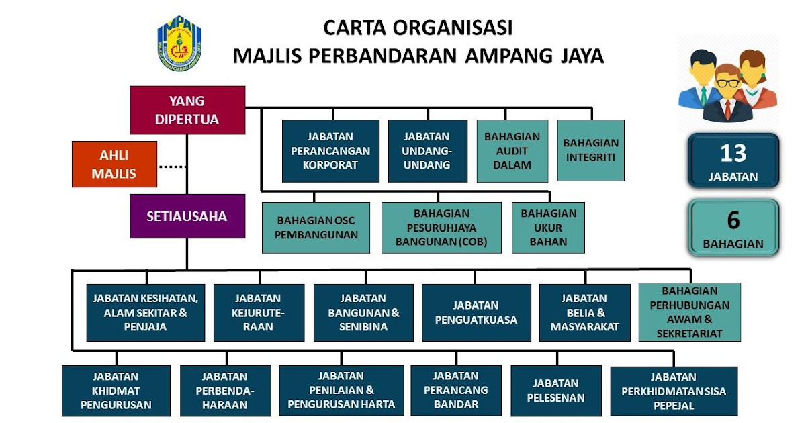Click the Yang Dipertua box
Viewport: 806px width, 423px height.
pyautogui.click(x=187, y=110)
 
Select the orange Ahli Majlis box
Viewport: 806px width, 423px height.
pyautogui.click(x=114, y=164)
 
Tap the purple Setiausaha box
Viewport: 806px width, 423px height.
pyautogui.click(x=187, y=216)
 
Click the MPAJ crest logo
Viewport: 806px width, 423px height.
pyautogui.click(x=179, y=43)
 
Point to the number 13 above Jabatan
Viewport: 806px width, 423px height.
pyautogui.click(x=733, y=153)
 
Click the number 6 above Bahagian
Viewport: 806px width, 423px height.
pyautogui.click(x=733, y=220)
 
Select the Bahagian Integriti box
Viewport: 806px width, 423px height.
pyautogui.click(x=591, y=150)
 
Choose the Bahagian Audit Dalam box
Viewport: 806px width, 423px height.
pyautogui.click(x=512, y=150)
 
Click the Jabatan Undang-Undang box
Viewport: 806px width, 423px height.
pyautogui.click(x=427, y=150)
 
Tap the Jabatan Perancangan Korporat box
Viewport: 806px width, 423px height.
pyautogui.click(x=330, y=150)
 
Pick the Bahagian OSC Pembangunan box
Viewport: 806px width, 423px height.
pyautogui.click(x=316, y=228)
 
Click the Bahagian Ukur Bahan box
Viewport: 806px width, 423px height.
pyautogui.click(x=548, y=228)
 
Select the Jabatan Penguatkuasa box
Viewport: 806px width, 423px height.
pyautogui.click(x=476, y=313)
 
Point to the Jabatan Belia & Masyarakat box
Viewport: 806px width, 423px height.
pyautogui.click(x=585, y=313)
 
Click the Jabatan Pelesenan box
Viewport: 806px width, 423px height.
pyautogui.click(x=556, y=391)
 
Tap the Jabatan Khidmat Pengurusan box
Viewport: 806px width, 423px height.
pyautogui.click(x=116, y=391)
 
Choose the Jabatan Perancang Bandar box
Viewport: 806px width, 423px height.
pyautogui.click(x=456, y=391)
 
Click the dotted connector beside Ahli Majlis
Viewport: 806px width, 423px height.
pyautogui.click(x=173, y=167)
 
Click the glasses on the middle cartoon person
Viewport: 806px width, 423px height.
pyautogui.click(x=727, y=83)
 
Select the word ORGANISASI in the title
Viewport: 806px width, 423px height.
pyautogui.click(x=452, y=28)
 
